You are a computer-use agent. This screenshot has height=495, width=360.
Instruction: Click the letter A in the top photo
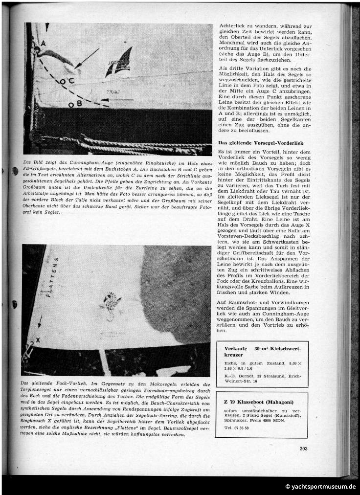(43, 44)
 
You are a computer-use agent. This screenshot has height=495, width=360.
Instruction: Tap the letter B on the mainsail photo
(79, 103)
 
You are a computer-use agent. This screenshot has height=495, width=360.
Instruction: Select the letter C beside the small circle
(71, 80)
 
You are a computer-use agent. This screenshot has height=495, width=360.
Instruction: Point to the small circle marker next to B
(71, 105)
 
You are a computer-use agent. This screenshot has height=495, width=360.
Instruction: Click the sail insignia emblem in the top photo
(119, 62)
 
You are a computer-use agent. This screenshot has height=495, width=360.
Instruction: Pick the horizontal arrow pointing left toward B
(119, 100)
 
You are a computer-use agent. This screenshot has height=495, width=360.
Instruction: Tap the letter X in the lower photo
(38, 339)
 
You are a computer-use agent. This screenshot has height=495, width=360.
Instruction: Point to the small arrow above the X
(40, 321)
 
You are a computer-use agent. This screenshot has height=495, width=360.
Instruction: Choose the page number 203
(303, 448)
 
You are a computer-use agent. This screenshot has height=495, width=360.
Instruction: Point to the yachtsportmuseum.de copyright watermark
(320, 486)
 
